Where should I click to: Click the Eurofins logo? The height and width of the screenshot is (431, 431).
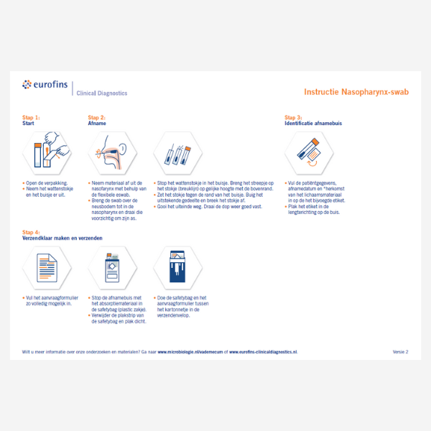(x=45, y=85)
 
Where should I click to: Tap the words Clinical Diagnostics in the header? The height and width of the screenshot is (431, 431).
(x=101, y=93)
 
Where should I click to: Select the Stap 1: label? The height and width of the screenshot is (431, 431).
(x=31, y=117)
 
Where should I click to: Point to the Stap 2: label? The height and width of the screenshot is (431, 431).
(x=96, y=117)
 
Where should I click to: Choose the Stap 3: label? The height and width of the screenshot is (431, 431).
(x=293, y=117)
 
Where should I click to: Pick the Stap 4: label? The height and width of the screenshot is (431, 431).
(x=31, y=231)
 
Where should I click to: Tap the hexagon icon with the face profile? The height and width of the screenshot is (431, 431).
(x=110, y=153)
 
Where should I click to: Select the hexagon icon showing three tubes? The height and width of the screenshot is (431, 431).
(x=178, y=153)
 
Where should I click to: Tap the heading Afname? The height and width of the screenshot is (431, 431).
(x=96, y=124)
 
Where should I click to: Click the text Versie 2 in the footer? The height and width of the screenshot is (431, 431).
(x=400, y=352)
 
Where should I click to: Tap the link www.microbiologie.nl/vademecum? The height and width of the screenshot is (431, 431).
(x=190, y=352)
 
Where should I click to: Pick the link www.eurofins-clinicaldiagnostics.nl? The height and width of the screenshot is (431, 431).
(x=263, y=352)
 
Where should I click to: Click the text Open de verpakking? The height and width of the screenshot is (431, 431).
(x=45, y=183)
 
